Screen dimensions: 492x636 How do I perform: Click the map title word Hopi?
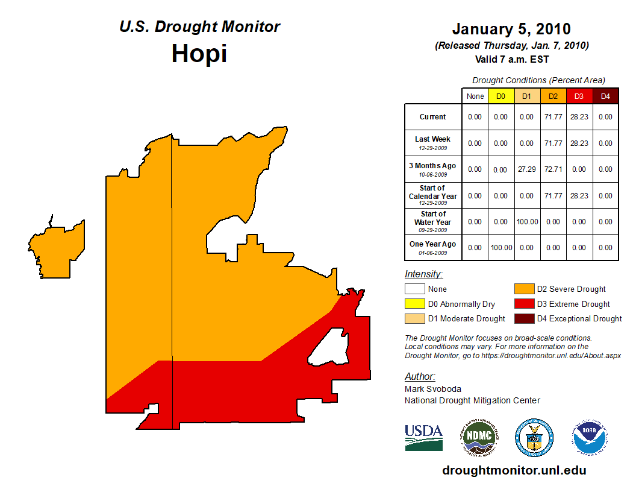[199, 54]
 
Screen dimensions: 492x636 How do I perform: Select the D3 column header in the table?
[579, 96]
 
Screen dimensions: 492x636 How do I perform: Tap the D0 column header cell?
[501, 96]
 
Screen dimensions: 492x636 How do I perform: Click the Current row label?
[433, 117]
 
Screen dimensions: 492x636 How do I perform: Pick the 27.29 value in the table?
[527, 169]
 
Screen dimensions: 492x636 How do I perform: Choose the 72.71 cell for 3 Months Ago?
[553, 169]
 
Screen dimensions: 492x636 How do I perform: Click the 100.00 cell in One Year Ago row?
[501, 248]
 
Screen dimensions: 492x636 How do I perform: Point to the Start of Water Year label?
[433, 221]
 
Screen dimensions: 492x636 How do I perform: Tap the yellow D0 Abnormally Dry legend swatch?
[414, 304]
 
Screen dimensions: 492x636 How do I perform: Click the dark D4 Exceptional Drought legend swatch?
[523, 318]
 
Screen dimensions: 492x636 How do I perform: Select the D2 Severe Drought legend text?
[571, 289]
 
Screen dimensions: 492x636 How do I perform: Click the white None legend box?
[414, 289]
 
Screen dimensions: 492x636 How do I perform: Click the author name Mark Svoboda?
[433, 389]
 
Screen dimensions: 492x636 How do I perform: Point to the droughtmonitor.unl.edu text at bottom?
[514, 470]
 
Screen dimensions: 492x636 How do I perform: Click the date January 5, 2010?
[511, 29]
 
